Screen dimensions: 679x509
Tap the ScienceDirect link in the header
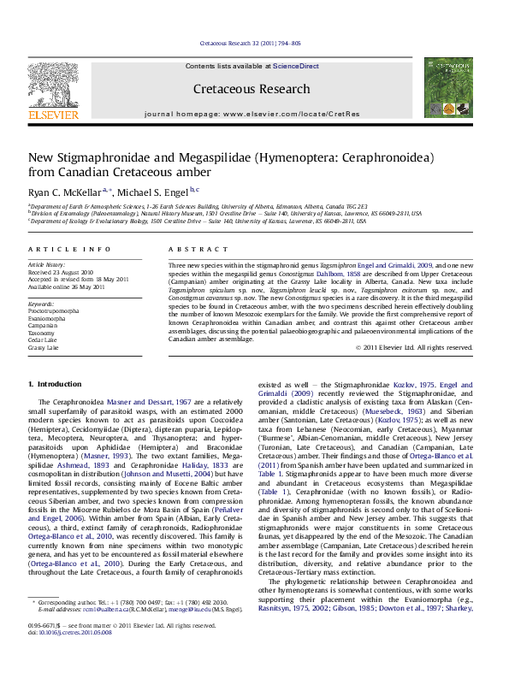pyautogui.click(x=295, y=66)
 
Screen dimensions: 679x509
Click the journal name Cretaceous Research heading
pyautogui.click(x=252, y=89)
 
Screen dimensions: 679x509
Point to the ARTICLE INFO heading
pyautogui.click(x=69, y=249)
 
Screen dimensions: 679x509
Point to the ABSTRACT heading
pyautogui.click(x=192, y=249)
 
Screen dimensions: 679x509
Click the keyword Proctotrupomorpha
pyautogui.click(x=56, y=310)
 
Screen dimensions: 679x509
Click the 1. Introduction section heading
pyautogui.click(x=56, y=385)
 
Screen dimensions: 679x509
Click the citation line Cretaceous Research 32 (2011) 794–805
pyautogui.click(x=250, y=42)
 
